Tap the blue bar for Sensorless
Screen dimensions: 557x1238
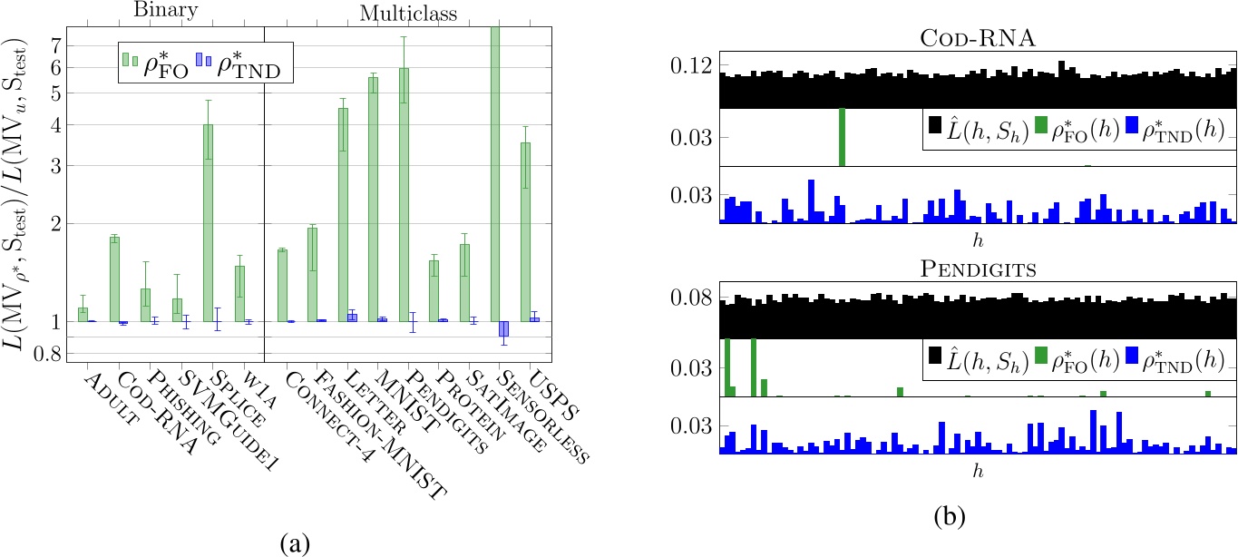pyautogui.click(x=503, y=328)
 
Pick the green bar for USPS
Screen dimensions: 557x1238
pyautogui.click(x=525, y=231)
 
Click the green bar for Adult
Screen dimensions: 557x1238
pyautogui.click(x=83, y=314)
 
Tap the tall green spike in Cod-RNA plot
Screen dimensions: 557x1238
pyautogui.click(x=842, y=137)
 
